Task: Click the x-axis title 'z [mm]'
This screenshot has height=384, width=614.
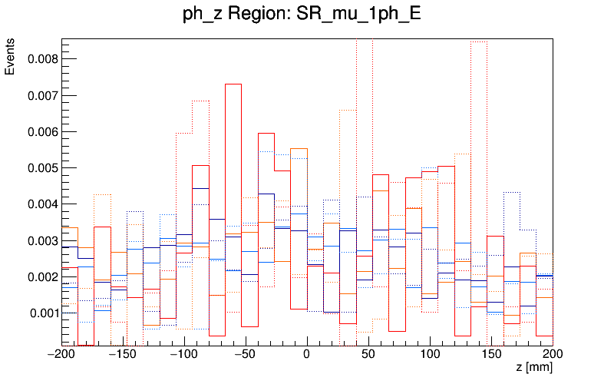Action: click(x=534, y=368)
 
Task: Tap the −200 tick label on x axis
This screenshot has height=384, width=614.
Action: click(x=62, y=355)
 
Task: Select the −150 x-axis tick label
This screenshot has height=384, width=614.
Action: click(x=123, y=355)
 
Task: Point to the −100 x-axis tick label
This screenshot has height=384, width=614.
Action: click(x=184, y=355)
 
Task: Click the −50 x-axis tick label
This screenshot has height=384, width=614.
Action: click(x=246, y=355)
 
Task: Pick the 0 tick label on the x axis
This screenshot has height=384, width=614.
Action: click(x=307, y=355)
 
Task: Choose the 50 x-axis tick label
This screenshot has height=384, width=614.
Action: click(x=368, y=355)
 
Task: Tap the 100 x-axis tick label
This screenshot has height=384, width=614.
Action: click(x=430, y=355)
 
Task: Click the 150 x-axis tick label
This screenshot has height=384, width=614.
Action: click(x=491, y=355)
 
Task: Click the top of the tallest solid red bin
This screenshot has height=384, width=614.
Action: click(x=233, y=84)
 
